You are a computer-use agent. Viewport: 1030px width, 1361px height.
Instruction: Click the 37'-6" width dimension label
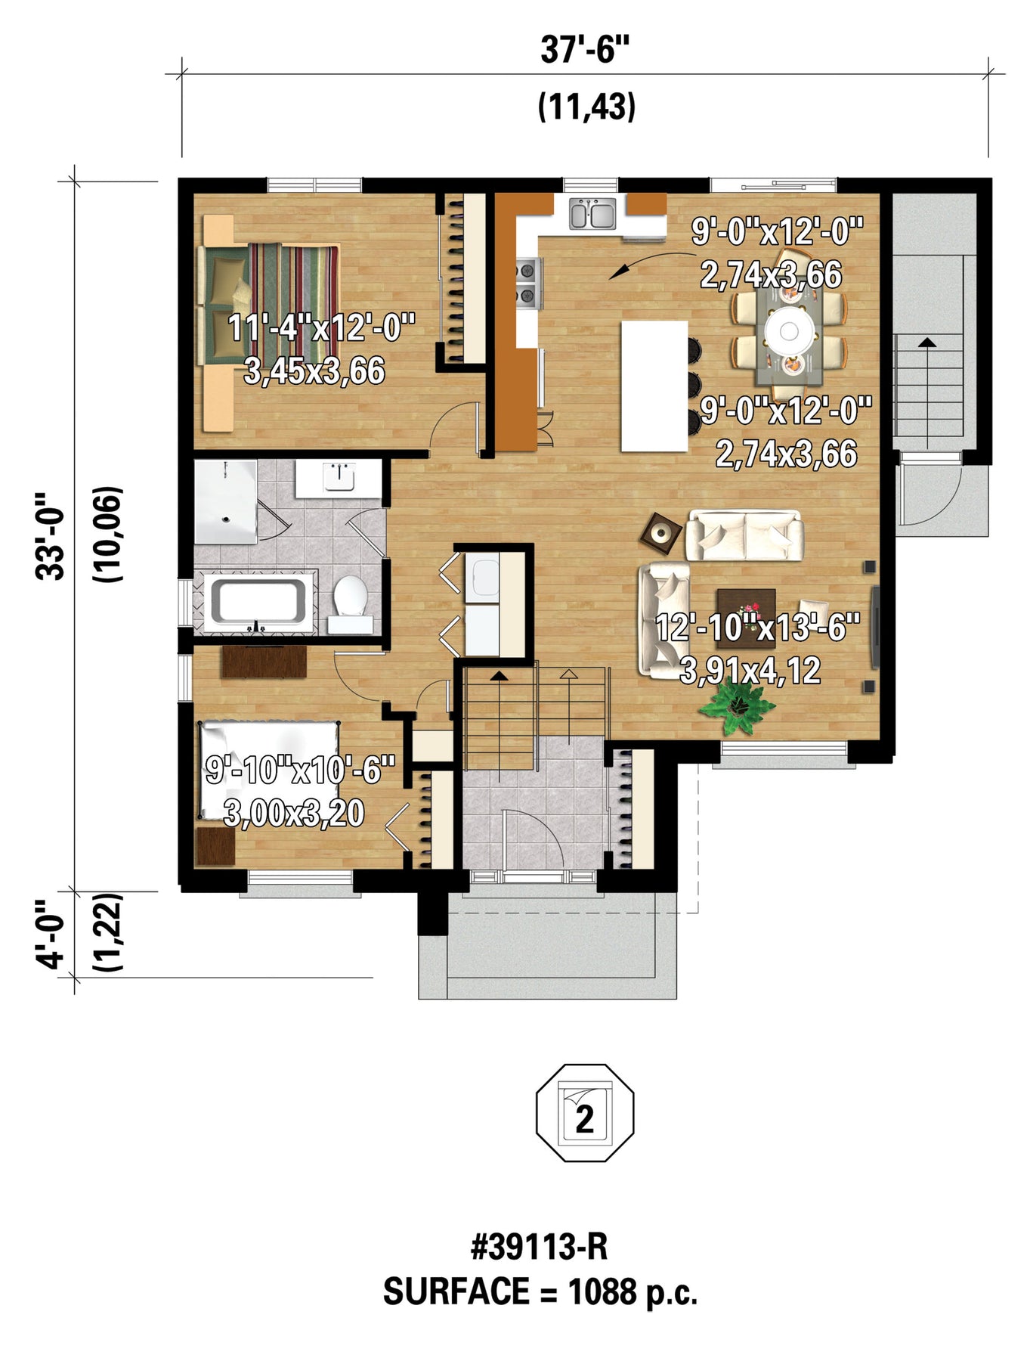point(585,51)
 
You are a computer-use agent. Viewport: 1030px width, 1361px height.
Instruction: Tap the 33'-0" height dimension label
point(52,536)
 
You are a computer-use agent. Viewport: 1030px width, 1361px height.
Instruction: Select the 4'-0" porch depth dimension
point(52,933)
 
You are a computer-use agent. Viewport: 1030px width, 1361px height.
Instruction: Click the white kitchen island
point(654,386)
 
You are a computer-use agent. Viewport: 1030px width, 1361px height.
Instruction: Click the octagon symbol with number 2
point(585,1112)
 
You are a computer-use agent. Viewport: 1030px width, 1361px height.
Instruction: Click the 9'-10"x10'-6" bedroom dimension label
point(301,771)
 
